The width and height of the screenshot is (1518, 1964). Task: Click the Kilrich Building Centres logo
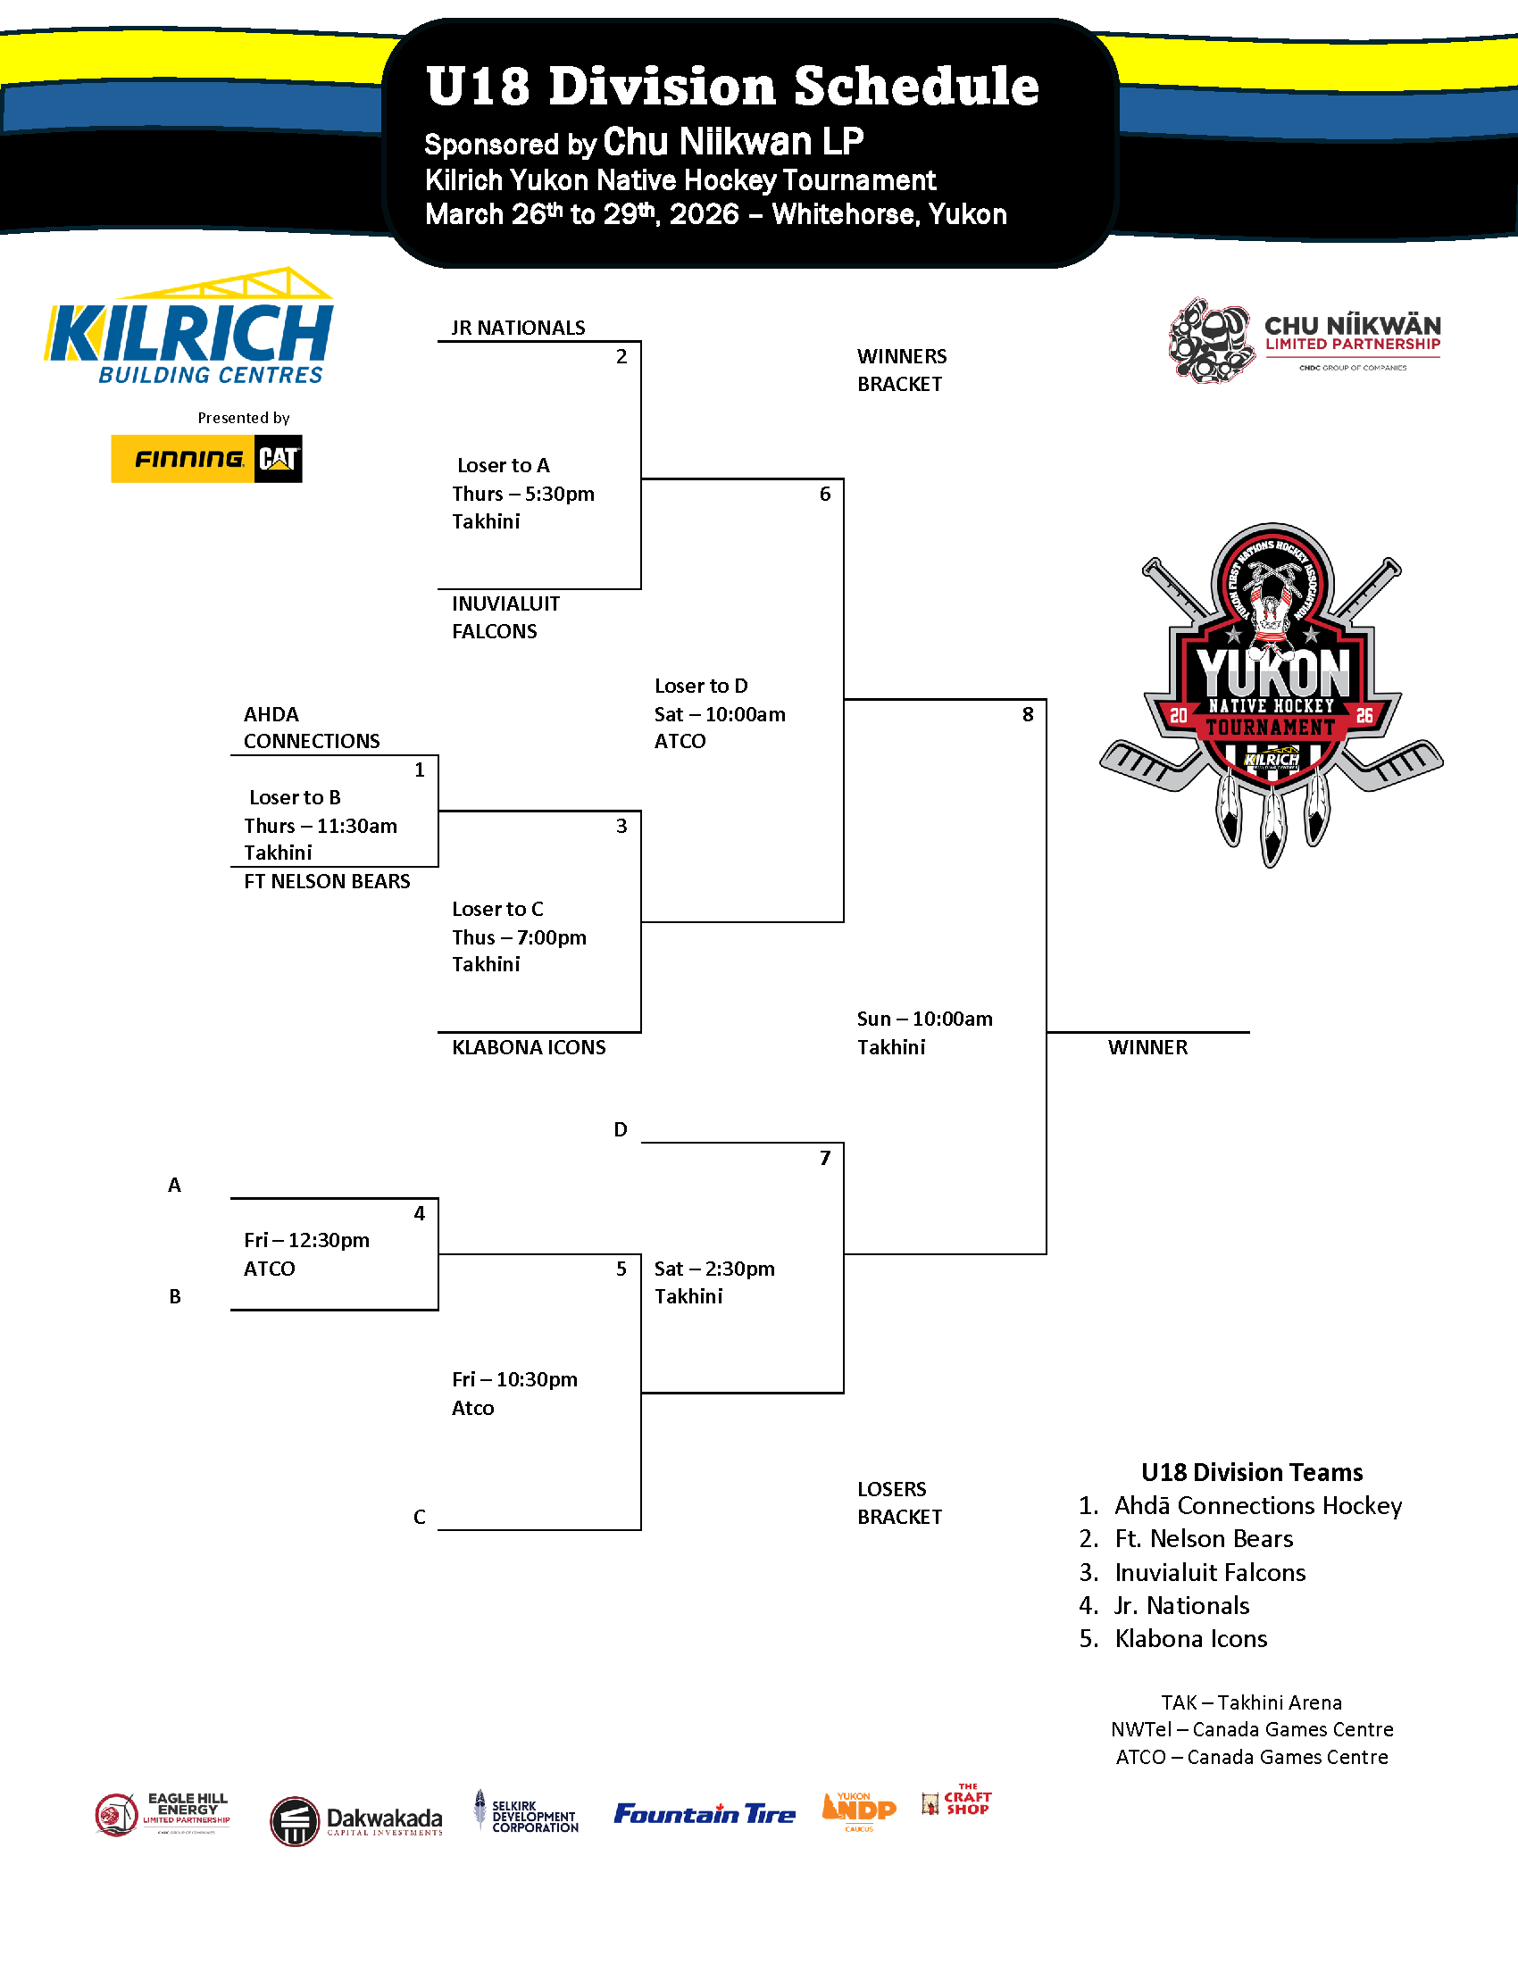(x=189, y=329)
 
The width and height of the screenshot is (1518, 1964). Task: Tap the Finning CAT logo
(x=206, y=459)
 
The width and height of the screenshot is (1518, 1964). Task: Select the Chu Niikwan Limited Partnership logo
(x=1304, y=340)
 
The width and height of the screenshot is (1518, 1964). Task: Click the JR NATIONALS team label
(x=518, y=329)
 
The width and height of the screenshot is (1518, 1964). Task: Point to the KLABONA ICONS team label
(x=529, y=1048)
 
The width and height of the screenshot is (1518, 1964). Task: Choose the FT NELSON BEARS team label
(x=327, y=881)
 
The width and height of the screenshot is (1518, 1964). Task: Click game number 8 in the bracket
(x=1027, y=715)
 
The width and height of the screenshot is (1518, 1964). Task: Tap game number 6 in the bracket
(x=825, y=494)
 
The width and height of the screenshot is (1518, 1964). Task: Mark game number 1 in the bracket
(x=419, y=770)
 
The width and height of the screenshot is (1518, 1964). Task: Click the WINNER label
(x=1147, y=1048)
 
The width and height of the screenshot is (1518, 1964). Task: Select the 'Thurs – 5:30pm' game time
(x=523, y=494)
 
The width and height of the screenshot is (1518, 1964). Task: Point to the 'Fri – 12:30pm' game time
(x=306, y=1241)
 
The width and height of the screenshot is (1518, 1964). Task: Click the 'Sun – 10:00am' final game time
(x=924, y=1019)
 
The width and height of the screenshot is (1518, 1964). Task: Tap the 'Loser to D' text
(x=702, y=687)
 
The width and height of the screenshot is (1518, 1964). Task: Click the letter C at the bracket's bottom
(x=419, y=1517)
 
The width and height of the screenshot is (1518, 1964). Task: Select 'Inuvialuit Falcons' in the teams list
(x=1210, y=1572)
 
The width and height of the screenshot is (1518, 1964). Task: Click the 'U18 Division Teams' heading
(x=1252, y=1472)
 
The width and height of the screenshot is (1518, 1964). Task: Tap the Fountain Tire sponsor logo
(x=705, y=1814)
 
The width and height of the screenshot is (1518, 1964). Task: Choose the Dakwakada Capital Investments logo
(x=357, y=1820)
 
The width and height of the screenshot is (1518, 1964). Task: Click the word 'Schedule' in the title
(x=915, y=87)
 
